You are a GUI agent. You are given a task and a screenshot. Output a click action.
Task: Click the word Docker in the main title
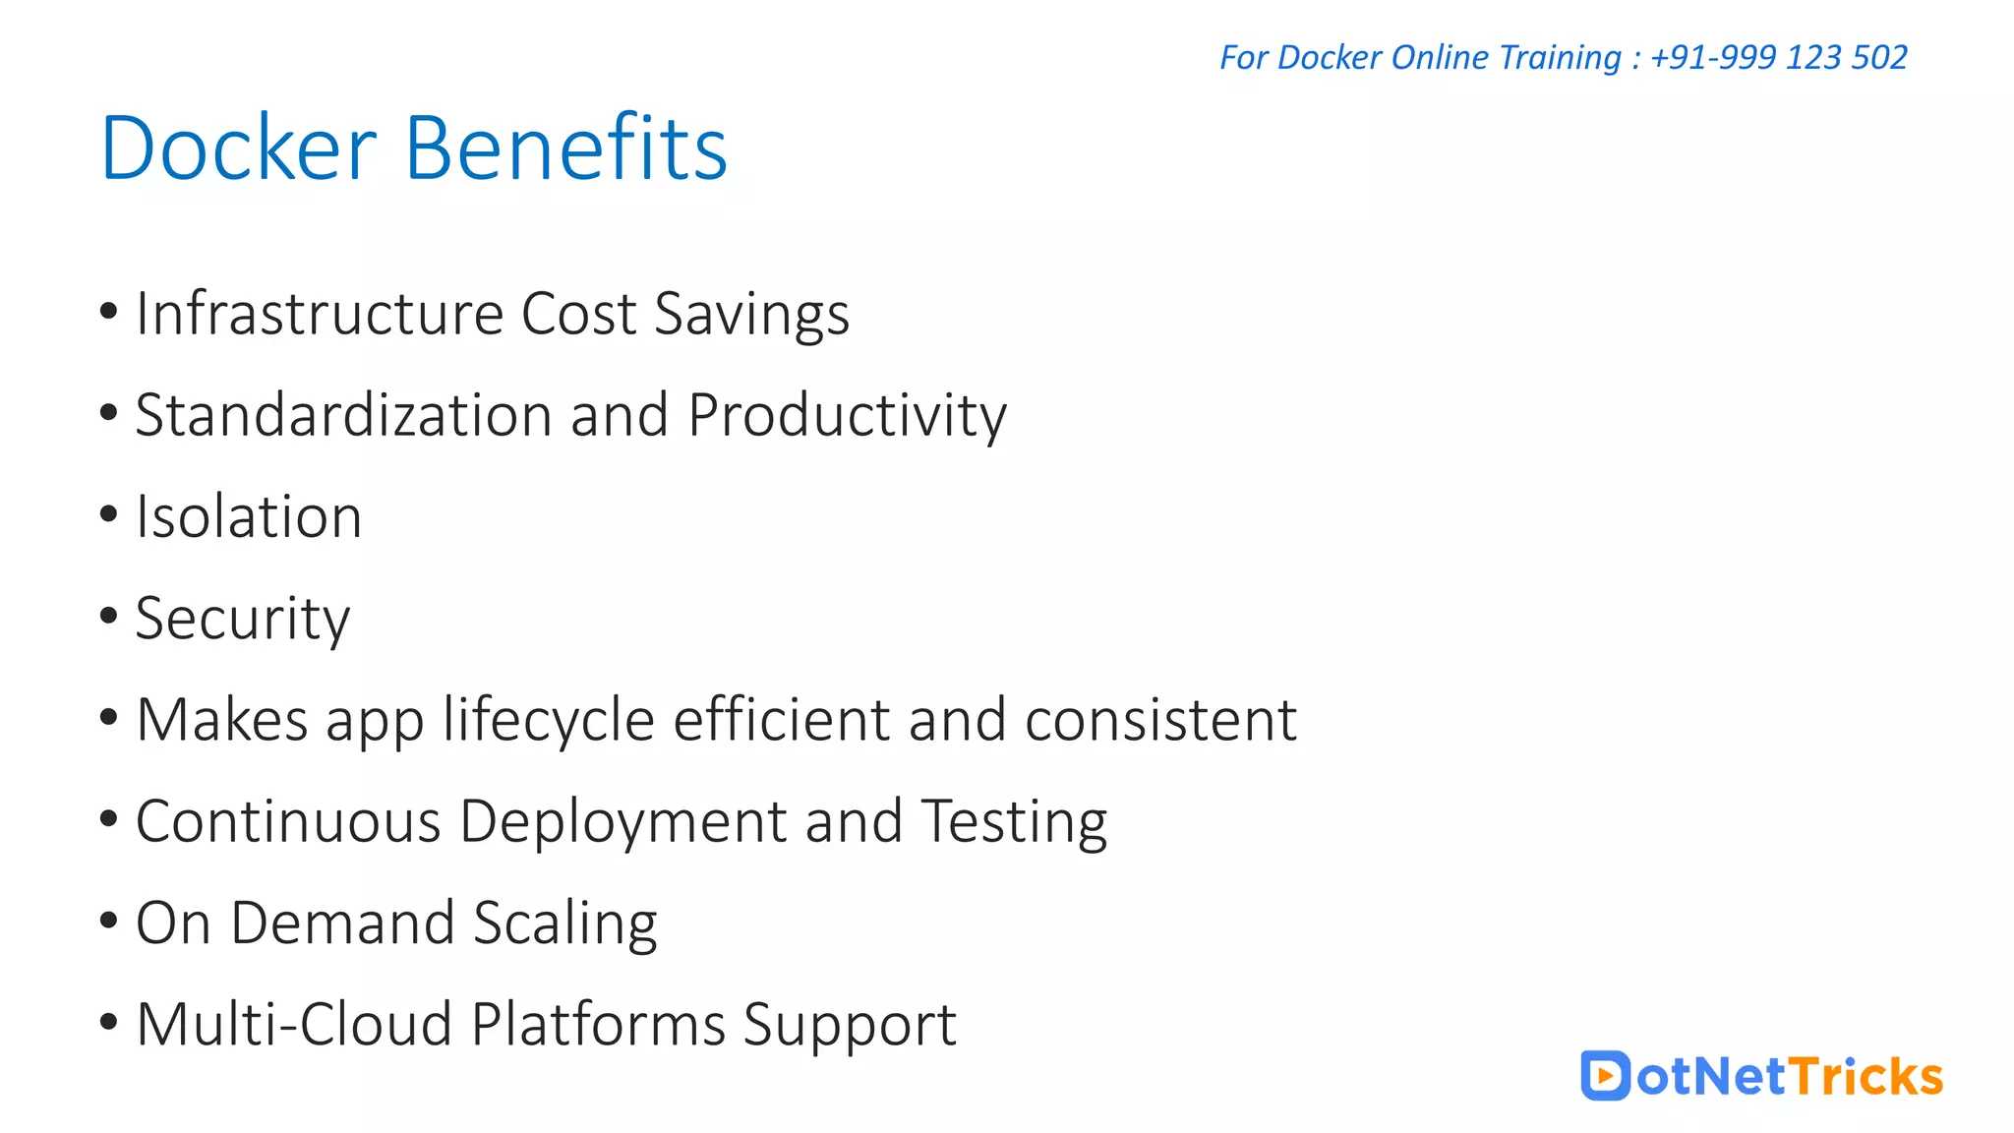pyautogui.click(x=239, y=149)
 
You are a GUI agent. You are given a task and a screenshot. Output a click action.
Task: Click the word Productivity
pyautogui.click(x=847, y=417)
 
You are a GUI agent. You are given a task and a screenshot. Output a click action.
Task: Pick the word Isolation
pyautogui.click(x=249, y=517)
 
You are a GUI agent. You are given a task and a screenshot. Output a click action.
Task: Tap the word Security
pyautogui.click(x=243, y=620)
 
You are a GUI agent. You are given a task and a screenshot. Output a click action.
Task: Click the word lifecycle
pyautogui.click(x=549, y=721)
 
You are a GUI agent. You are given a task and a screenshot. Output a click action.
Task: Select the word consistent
pyautogui.click(x=1160, y=720)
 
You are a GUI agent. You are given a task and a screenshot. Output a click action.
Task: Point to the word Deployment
pyautogui.click(x=623, y=822)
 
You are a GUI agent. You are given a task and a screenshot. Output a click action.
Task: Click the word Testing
pyautogui.click(x=1014, y=823)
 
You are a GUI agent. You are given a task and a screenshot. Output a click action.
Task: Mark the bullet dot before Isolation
pyautogui.click(x=109, y=514)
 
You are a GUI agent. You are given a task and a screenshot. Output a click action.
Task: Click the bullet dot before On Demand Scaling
pyautogui.click(x=109, y=921)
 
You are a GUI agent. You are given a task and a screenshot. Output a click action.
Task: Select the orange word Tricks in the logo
pyautogui.click(x=1866, y=1076)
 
